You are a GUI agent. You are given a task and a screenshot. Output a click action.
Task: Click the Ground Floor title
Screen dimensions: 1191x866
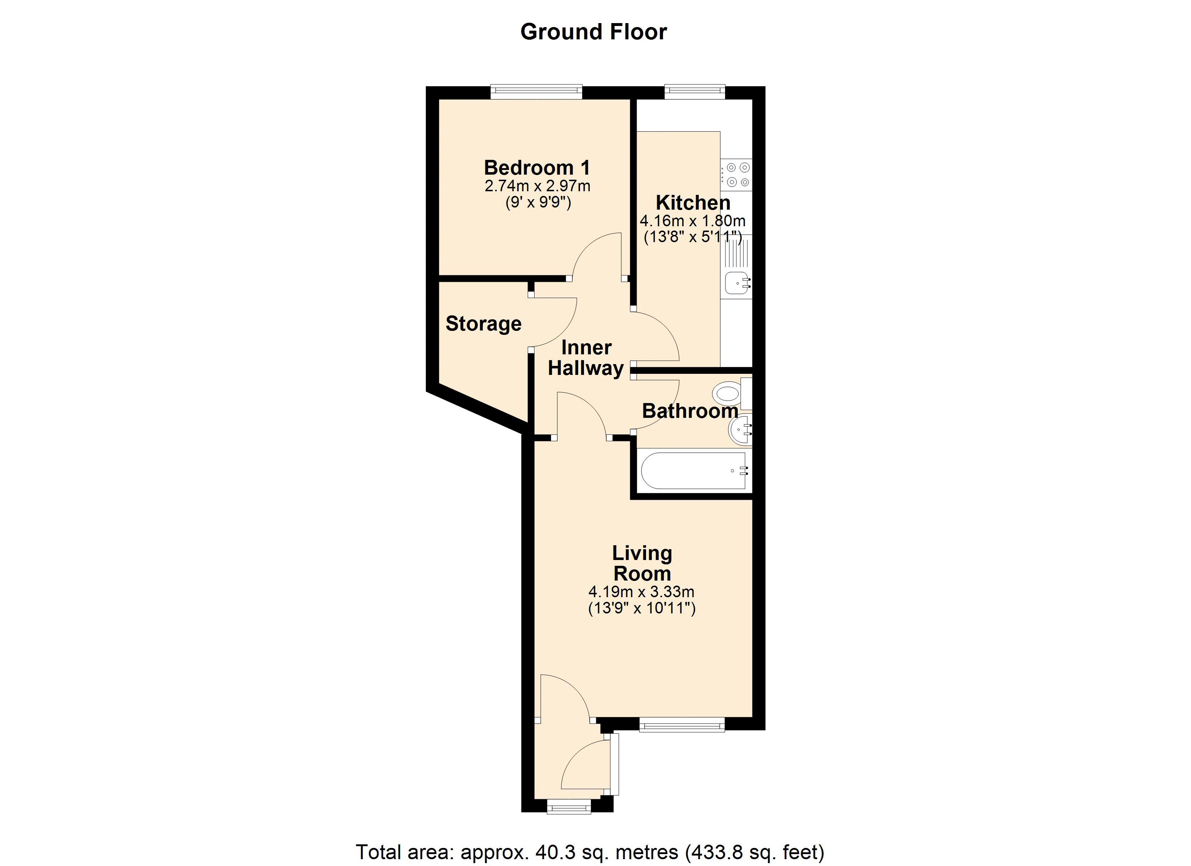(593, 32)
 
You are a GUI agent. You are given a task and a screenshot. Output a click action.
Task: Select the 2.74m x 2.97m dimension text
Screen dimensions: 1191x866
(537, 186)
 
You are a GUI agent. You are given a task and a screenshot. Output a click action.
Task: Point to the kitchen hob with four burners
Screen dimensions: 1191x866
(736, 174)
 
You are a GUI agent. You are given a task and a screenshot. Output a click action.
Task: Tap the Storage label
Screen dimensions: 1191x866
(484, 324)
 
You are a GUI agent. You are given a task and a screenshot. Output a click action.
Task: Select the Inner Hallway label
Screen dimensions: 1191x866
(586, 358)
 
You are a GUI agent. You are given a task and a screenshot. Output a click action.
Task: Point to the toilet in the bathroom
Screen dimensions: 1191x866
(732, 393)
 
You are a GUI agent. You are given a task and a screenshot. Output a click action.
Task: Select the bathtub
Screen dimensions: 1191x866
(694, 471)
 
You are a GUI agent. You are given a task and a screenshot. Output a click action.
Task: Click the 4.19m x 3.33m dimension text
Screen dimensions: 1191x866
(642, 592)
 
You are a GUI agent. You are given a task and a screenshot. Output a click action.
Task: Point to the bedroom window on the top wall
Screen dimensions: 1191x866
(537, 92)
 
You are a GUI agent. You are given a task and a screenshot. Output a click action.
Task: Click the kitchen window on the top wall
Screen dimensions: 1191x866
(695, 92)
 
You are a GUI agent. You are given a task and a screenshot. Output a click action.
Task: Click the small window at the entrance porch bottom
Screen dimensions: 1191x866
(569, 807)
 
